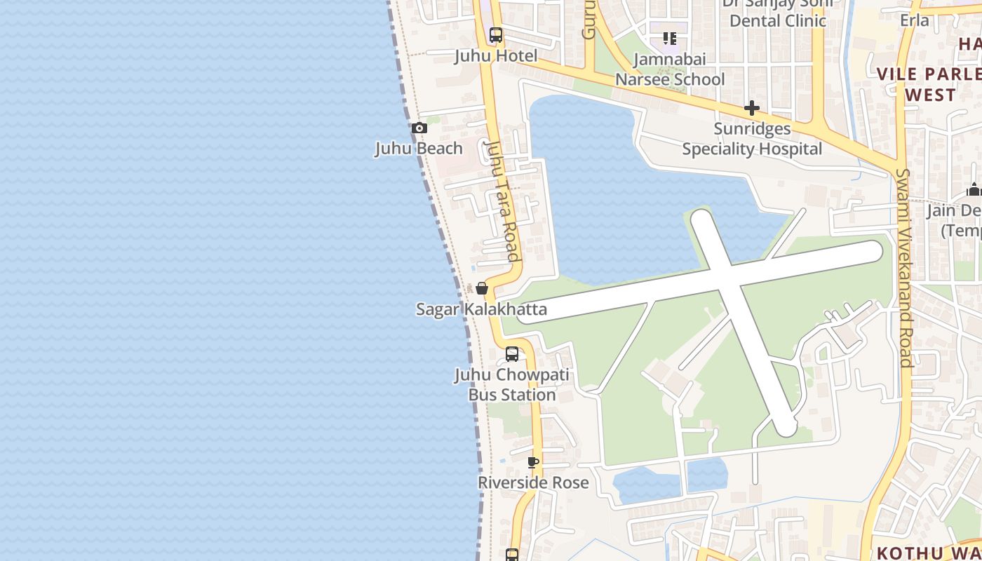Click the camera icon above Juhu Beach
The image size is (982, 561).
[419, 128]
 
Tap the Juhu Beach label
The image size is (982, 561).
[419, 149]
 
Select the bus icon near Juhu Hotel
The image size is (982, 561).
[496, 34]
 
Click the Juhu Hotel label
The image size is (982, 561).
[496, 56]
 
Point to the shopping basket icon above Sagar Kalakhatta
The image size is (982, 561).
[482, 288]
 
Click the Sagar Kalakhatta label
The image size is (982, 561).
[481, 309]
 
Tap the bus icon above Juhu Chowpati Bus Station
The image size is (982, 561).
[512, 354]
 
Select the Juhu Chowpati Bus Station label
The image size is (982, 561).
[512, 385]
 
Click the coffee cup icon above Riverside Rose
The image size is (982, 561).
[533, 462]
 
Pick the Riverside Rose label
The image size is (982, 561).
[533, 482]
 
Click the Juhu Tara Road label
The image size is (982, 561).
[504, 201]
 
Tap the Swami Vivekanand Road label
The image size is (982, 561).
[904, 268]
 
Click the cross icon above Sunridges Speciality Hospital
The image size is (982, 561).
[752, 108]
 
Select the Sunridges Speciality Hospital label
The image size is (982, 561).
[752, 139]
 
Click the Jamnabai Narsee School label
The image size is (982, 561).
[670, 69]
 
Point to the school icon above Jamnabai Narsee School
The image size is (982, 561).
[670, 39]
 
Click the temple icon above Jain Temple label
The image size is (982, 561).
[974, 189]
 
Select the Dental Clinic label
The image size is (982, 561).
[778, 20]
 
